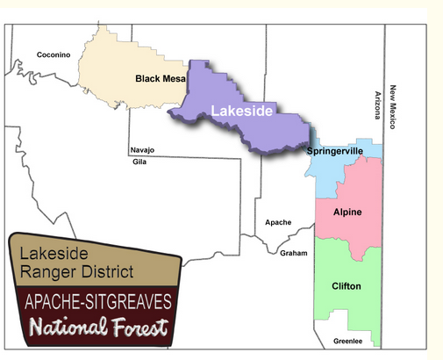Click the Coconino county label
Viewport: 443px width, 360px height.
53,54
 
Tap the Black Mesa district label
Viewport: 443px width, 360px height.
159,79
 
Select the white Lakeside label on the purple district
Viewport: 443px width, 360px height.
241,112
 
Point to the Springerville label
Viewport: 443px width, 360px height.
335,152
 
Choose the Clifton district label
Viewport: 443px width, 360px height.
347,286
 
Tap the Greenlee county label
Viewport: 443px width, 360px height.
348,342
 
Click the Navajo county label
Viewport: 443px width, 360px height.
142,149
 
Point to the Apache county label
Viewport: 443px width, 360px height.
277,222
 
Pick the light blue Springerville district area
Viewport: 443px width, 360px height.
329,176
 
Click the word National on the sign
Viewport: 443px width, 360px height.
63,329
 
